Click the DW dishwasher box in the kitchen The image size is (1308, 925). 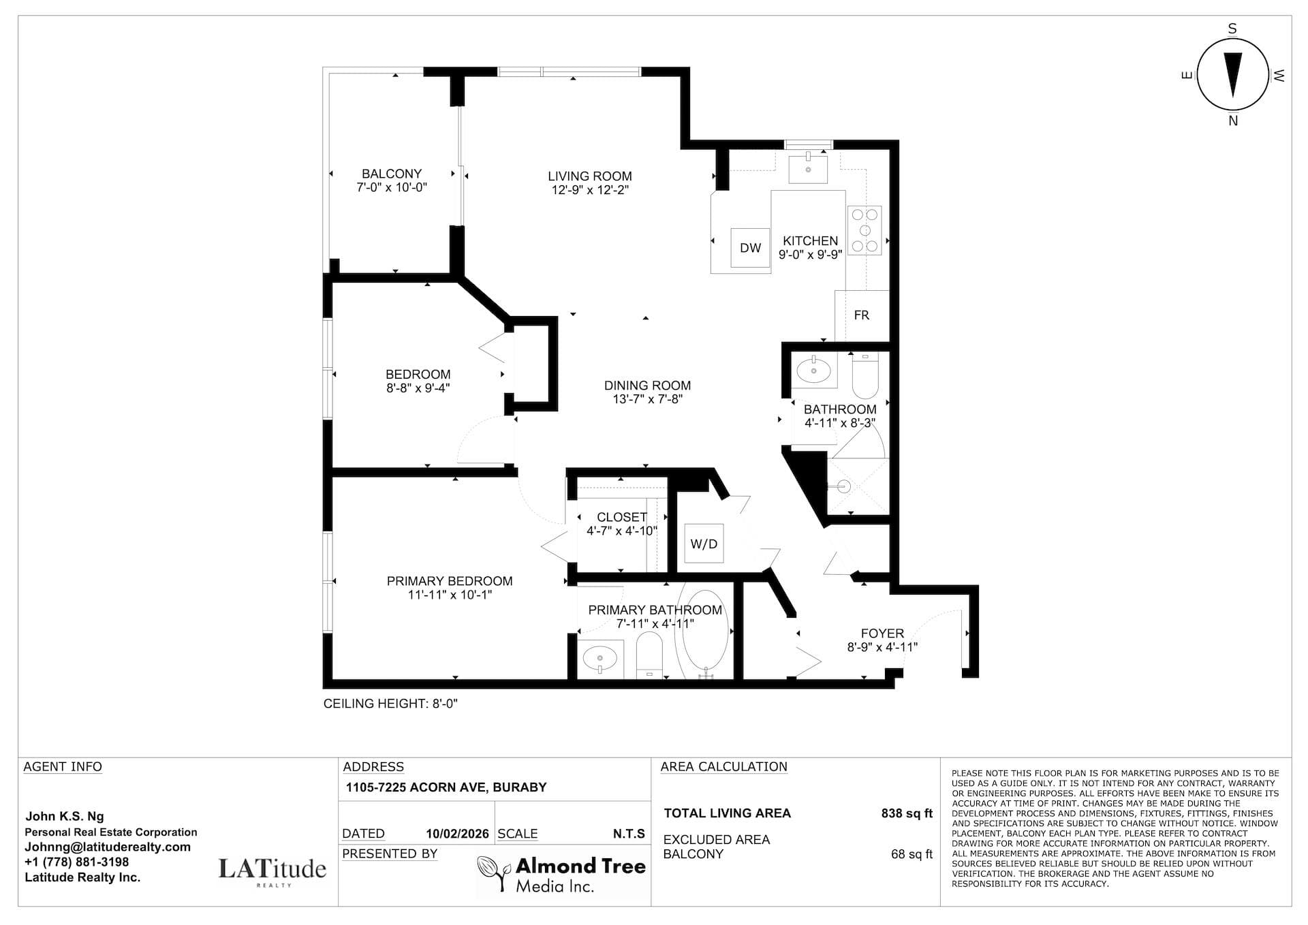(750, 248)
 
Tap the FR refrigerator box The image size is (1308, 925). (862, 315)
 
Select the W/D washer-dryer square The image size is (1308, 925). (704, 544)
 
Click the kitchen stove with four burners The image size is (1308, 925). (865, 230)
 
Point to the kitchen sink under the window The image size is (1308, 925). (808, 168)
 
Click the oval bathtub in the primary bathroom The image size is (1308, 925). (706, 633)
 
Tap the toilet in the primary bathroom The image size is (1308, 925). (649, 655)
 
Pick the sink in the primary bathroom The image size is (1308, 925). (600, 659)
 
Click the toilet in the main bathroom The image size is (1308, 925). (866, 375)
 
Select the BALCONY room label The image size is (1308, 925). (392, 174)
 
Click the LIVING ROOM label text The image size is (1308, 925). (590, 176)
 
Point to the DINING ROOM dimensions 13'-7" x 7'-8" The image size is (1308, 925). (647, 399)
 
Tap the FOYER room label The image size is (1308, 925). (882, 633)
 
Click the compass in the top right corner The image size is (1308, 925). (1232, 75)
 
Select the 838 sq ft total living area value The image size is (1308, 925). (907, 813)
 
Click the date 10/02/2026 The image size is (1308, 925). (457, 834)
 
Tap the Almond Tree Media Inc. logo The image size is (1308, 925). (561, 875)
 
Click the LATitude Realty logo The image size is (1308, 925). (272, 871)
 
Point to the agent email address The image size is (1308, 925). (108, 847)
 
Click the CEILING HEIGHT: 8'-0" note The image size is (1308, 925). (390, 704)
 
